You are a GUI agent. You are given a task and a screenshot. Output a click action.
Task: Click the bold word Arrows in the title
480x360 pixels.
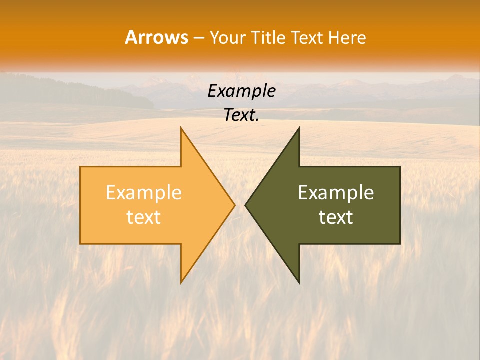click(156, 37)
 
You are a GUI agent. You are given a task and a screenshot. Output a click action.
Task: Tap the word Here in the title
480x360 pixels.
click(347, 37)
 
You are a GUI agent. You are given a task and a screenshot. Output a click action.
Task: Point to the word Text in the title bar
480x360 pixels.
click(307, 37)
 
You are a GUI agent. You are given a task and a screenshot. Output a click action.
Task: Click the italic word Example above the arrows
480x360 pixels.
click(241, 91)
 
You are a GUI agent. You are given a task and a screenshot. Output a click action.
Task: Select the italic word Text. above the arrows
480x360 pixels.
click(241, 115)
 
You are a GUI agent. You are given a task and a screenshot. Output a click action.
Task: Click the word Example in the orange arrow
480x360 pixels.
click(144, 193)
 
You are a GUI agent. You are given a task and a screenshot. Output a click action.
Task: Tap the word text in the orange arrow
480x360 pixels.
click(144, 217)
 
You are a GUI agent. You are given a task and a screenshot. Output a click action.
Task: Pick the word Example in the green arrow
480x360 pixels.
click(336, 193)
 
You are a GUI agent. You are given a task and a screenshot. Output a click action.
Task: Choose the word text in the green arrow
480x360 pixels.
click(336, 217)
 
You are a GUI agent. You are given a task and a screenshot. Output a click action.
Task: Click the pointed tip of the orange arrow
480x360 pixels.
click(234, 205)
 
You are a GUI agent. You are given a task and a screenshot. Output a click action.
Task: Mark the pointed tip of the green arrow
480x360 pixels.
click(246, 205)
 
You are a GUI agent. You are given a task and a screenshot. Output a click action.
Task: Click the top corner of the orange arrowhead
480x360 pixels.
click(181, 128)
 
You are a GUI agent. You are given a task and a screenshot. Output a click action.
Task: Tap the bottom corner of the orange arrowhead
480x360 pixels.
click(181, 282)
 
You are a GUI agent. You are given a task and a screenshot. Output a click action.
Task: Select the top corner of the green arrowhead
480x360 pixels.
click(299, 128)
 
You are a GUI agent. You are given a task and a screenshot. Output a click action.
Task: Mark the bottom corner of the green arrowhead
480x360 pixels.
click(299, 282)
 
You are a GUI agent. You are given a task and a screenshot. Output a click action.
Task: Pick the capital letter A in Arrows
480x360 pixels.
click(131, 37)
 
